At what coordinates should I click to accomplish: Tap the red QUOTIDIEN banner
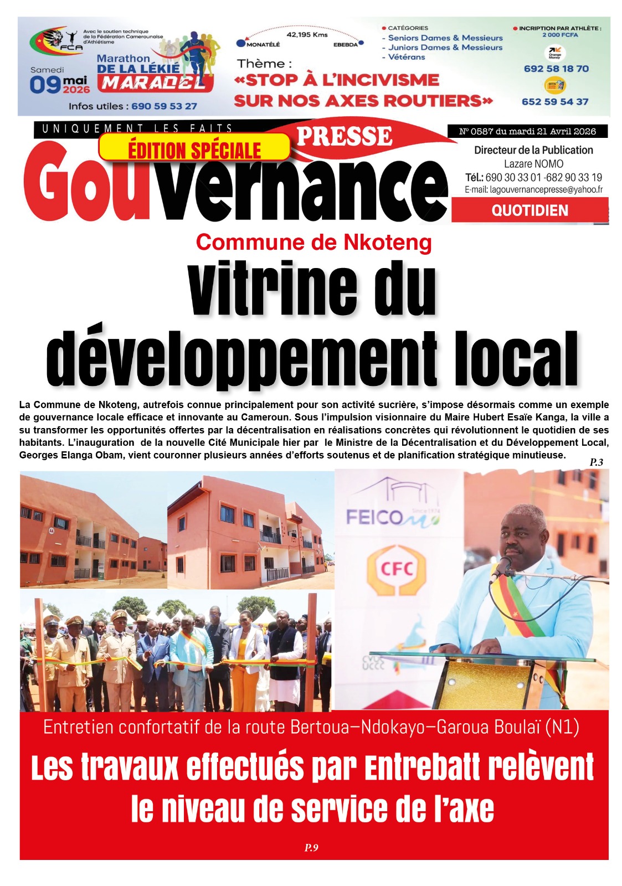click(x=530, y=210)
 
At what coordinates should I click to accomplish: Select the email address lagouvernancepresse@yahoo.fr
click(x=533, y=190)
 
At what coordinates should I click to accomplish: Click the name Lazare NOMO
click(x=533, y=164)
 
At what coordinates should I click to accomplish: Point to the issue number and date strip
click(x=527, y=131)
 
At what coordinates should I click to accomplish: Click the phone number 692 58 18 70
click(x=556, y=69)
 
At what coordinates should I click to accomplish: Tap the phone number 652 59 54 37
click(x=555, y=102)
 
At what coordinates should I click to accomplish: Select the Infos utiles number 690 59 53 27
click(x=164, y=106)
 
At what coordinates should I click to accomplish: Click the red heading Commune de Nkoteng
click(x=313, y=242)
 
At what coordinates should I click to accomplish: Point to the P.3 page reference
click(x=596, y=462)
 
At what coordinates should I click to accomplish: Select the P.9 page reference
click(x=311, y=847)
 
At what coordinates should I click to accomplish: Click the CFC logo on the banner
click(x=396, y=569)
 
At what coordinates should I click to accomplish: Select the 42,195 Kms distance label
click(x=307, y=34)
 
